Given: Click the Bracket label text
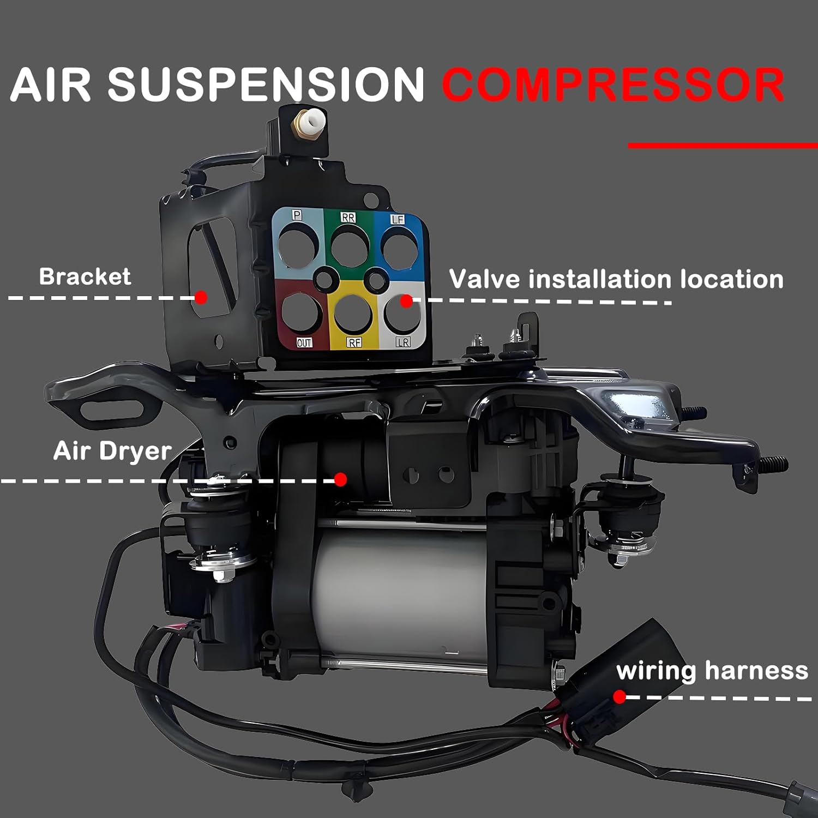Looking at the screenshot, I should (85, 276).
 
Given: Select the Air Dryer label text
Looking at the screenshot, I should (112, 451).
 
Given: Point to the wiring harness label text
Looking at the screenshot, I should (712, 670).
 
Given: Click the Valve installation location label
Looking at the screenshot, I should (616, 279).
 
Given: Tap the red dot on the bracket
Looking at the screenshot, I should (201, 298).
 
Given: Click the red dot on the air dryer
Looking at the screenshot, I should (340, 479).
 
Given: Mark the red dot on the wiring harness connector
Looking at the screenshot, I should (619, 696).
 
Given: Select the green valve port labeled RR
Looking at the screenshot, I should (350, 246).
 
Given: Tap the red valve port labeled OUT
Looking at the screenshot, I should (301, 314).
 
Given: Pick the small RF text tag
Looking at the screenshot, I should (354, 342).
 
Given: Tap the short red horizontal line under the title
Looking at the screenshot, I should (723, 146).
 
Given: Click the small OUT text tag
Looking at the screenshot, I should (304, 342).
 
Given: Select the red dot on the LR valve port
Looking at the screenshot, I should (406, 300).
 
